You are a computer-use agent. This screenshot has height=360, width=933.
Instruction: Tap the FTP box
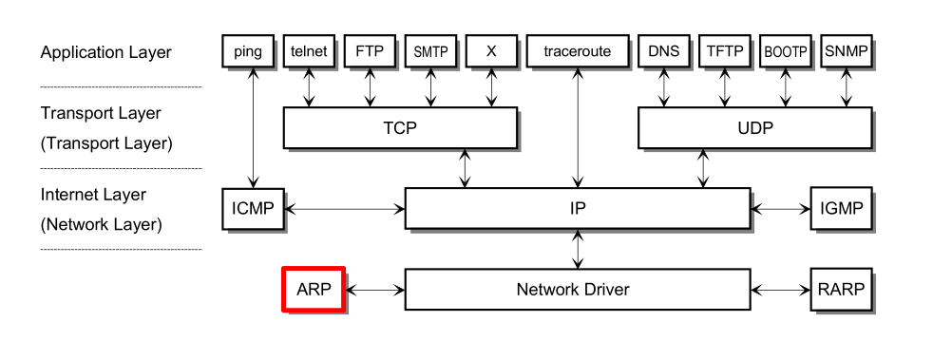370,51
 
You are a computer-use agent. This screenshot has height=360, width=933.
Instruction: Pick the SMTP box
430,51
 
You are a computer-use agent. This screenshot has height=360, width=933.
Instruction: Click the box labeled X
491,51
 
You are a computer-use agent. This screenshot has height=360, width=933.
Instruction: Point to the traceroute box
577,51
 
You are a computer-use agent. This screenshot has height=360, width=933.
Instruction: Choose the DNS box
664,51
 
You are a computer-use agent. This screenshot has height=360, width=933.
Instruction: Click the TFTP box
725,51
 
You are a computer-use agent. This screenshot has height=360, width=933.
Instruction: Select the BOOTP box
785,51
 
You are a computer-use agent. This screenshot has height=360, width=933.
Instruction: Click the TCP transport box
400,127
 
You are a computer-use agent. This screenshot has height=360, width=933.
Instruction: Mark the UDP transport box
754,127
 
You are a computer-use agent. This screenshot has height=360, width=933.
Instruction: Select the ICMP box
252,208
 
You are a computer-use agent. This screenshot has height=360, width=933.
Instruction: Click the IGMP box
840,208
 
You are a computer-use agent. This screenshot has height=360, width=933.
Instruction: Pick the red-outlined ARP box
313,289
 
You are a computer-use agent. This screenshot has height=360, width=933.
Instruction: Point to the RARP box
840,289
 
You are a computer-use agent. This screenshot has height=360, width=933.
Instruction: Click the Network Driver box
577,289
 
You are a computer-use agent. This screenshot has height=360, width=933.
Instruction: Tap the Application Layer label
105,52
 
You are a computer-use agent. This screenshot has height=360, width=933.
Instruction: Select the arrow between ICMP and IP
345,208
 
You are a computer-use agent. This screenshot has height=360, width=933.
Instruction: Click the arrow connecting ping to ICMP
253,128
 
